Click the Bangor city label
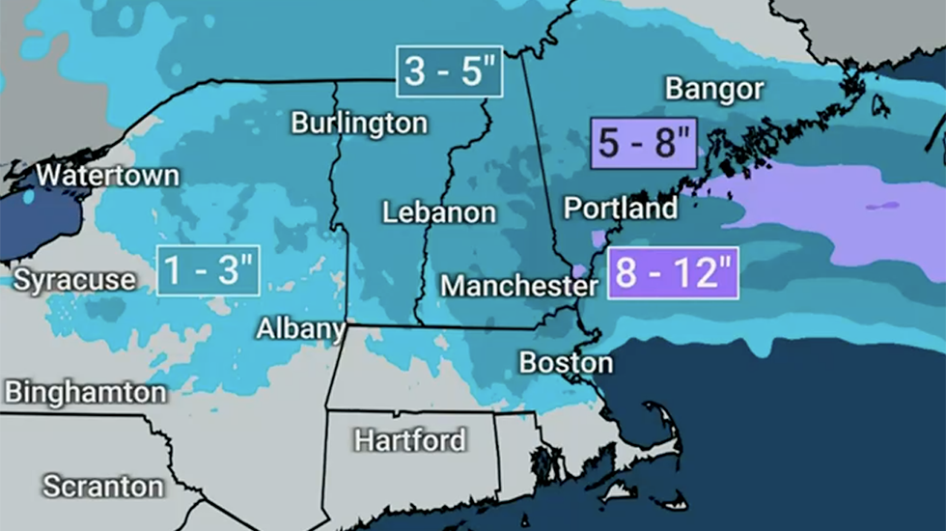coord(714,90)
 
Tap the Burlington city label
coord(359,124)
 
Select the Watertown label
coord(107,176)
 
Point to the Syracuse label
coord(74,280)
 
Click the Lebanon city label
coord(439,212)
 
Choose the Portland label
coord(620,209)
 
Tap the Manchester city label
coord(518,286)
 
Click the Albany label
coord(300,329)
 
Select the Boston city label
coord(566,363)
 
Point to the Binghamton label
coord(85,393)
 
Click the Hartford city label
coord(409,441)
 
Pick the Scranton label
coord(102,486)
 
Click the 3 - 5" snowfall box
coord(449,71)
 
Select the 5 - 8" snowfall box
coord(643,145)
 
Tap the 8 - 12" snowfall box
coord(673,273)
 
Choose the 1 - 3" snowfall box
coord(209,270)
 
